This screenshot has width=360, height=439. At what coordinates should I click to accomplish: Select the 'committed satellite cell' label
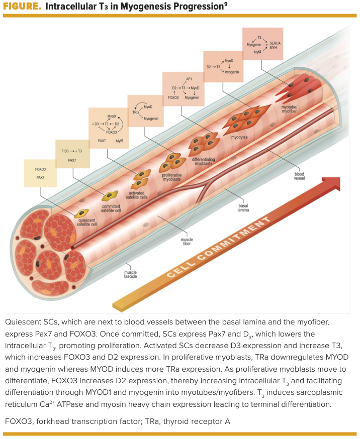point(111,208)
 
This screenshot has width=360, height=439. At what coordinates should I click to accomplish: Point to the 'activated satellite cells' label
point(137,195)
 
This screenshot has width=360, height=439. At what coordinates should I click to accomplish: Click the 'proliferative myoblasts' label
point(172,177)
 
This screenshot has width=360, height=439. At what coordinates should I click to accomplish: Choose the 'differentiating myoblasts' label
point(204,161)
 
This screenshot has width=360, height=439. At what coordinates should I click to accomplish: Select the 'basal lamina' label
point(243,207)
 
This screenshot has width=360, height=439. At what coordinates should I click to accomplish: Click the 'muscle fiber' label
point(187,242)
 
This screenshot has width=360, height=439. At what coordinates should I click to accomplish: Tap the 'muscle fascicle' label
point(130,274)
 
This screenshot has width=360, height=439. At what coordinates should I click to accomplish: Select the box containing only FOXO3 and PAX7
point(41,173)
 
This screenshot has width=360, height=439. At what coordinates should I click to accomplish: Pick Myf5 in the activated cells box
point(119,141)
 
